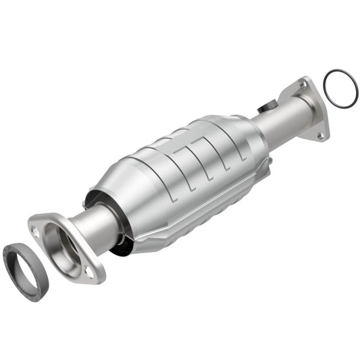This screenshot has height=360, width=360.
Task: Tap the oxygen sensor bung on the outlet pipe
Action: [x=266, y=107]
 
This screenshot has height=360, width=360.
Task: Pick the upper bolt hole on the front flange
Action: [x=35, y=230]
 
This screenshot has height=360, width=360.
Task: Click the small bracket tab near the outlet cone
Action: [x=269, y=161]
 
